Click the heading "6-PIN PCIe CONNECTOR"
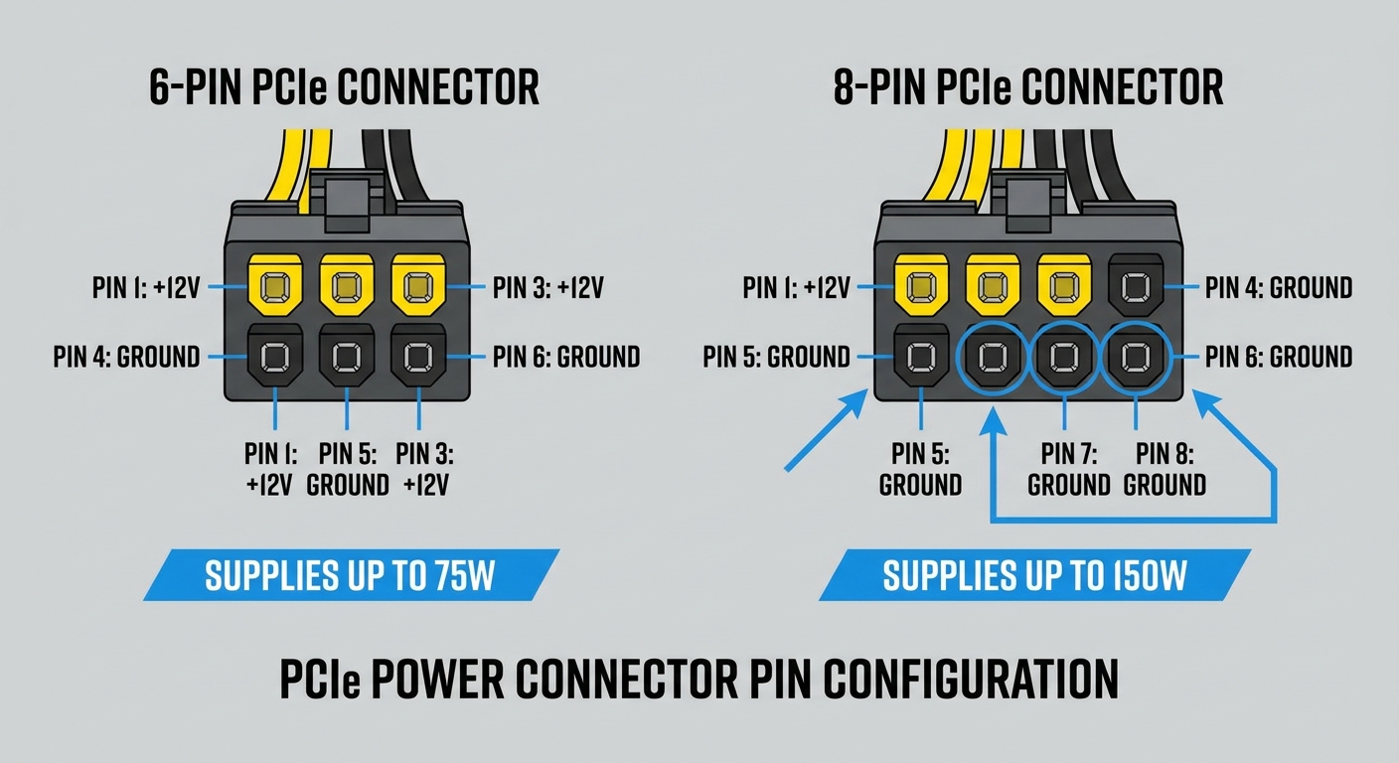tap(344, 88)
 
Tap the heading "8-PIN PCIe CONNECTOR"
tap(1027, 88)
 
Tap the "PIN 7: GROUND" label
tap(1068, 469)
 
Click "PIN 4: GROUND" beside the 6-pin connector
tap(126, 357)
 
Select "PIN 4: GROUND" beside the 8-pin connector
tap(1279, 288)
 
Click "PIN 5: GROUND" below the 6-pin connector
tap(347, 469)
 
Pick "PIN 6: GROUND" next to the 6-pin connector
tap(566, 357)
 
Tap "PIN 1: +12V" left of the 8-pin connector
tap(796, 288)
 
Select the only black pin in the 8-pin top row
tap(1136, 288)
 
